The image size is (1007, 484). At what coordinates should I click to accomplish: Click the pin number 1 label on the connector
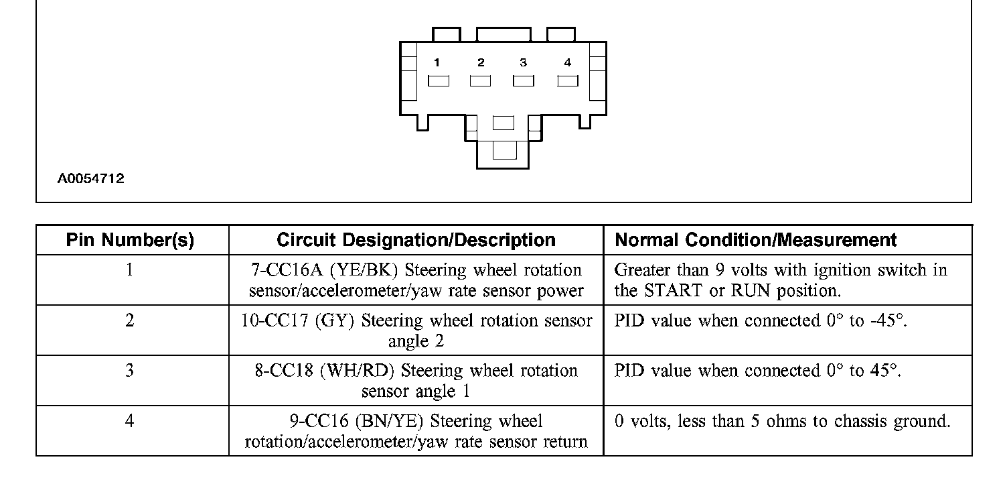click(x=437, y=63)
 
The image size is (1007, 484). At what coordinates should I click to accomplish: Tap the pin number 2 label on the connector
click(x=481, y=63)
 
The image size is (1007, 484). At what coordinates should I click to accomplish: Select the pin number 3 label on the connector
click(x=523, y=63)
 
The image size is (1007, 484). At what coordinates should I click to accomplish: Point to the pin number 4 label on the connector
click(x=568, y=63)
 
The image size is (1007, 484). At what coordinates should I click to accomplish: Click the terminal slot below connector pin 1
click(x=439, y=81)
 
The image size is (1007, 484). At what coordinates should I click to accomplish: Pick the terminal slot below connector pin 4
click(x=568, y=81)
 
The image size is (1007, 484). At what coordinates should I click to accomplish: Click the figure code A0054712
click(x=90, y=179)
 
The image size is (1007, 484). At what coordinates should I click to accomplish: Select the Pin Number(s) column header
click(x=131, y=241)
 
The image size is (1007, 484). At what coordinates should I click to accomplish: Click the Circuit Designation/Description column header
click(x=416, y=241)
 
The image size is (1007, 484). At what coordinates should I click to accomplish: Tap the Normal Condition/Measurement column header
click(x=756, y=241)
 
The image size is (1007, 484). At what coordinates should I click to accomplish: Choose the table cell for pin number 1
click(x=130, y=270)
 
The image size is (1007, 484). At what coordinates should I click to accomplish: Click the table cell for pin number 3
click(x=130, y=371)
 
